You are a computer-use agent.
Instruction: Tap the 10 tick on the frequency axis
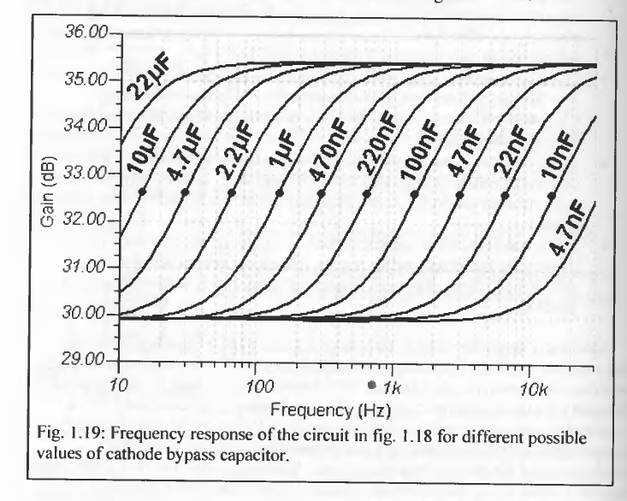coord(119,386)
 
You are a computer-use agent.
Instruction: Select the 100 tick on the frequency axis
coord(256,386)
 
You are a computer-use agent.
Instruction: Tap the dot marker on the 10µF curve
coord(142,192)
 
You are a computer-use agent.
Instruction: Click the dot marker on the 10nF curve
coord(550,197)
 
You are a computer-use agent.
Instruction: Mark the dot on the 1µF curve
coord(279,193)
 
